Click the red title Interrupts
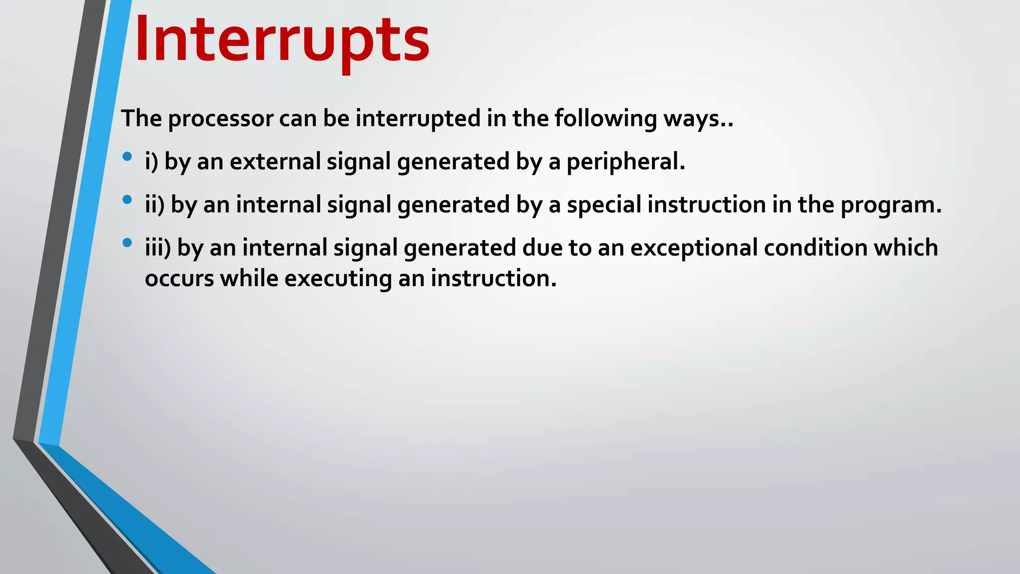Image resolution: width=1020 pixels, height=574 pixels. [282, 40]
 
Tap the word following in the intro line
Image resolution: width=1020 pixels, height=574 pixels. [605, 119]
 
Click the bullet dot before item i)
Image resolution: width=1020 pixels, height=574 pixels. [127, 156]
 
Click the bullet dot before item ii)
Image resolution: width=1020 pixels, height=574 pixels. [127, 200]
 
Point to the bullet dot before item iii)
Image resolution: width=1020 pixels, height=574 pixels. [127, 243]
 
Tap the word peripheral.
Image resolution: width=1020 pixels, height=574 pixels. [626, 161]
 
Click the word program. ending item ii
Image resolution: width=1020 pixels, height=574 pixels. [892, 205]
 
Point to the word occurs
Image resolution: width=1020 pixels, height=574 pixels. [179, 278]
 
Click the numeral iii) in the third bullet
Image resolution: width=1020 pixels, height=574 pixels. [158, 248]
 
